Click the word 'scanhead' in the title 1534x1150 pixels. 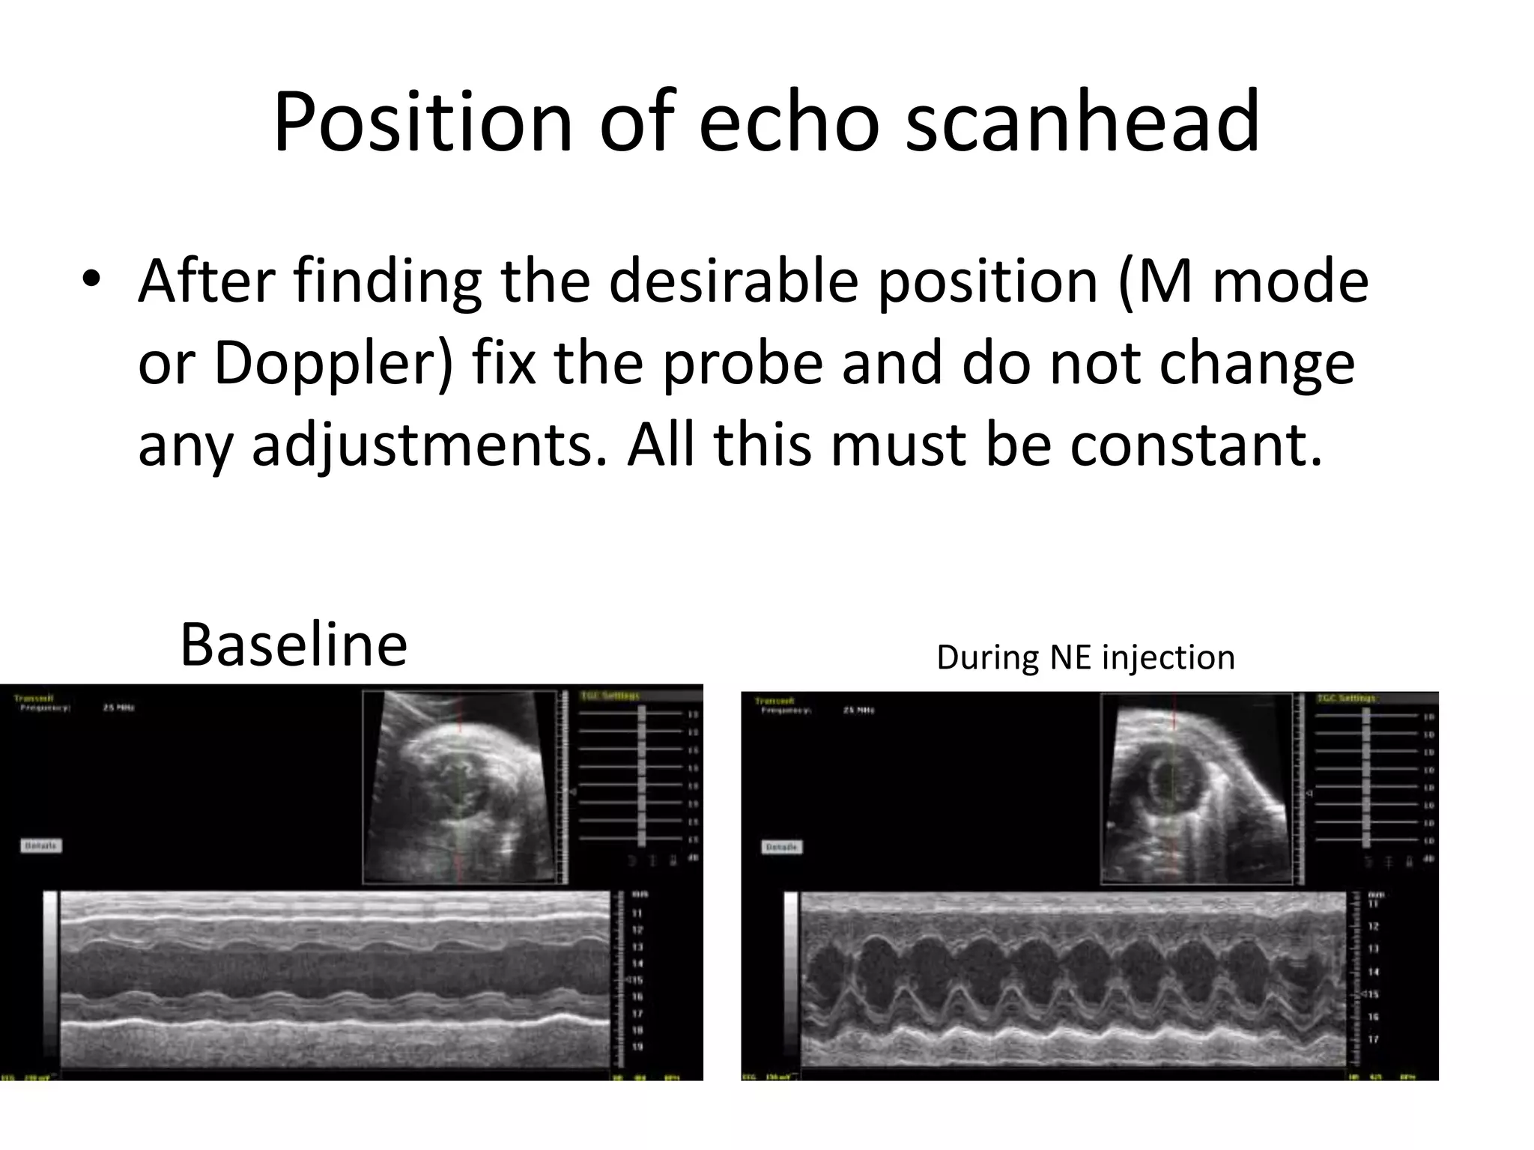tap(1082, 122)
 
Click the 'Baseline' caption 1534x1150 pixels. tap(294, 645)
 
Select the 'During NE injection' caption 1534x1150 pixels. tap(1085, 658)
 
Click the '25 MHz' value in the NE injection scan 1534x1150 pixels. tap(859, 710)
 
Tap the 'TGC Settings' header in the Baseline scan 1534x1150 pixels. tap(610, 696)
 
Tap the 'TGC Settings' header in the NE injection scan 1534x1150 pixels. tap(1346, 699)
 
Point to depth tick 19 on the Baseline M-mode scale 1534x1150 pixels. tap(637, 1047)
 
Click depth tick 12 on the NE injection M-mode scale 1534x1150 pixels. tap(1374, 926)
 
